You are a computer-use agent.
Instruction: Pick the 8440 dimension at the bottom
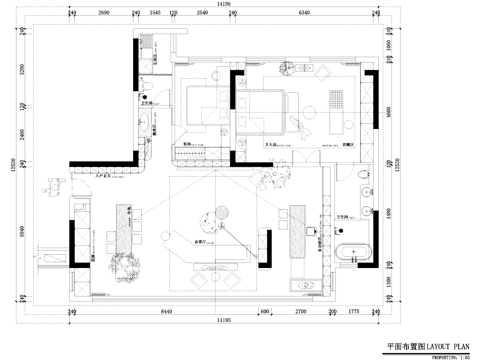[x=166, y=311]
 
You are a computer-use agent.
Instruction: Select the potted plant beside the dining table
[x=127, y=262]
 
